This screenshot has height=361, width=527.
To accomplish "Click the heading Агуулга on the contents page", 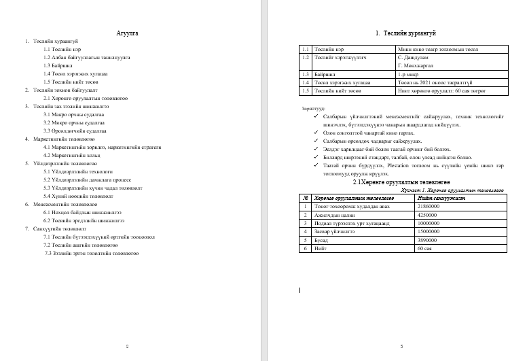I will pos(127,32).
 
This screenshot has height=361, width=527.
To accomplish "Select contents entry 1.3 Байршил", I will pos(53,65).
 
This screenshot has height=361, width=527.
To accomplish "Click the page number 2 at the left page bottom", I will pos(127,346).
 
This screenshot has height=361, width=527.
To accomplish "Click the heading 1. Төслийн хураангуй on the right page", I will pos(405,33).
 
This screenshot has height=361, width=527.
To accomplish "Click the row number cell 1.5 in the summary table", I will pos(306,90).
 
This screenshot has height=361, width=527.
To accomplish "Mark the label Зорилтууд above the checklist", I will pos(313,108).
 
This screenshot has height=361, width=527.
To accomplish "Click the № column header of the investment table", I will pos(306,198).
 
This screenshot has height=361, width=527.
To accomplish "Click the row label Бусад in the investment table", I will pos(323,241).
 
